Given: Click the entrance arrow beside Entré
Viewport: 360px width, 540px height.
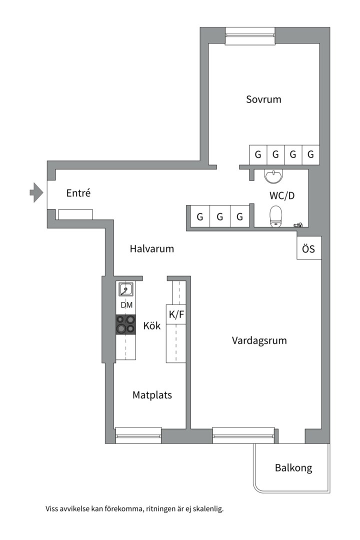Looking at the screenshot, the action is (36, 192).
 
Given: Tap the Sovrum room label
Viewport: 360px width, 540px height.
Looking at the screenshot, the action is (263, 99).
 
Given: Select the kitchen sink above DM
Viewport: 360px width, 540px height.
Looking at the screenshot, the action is (126, 289).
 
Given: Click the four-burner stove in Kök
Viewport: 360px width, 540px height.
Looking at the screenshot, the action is (125, 324).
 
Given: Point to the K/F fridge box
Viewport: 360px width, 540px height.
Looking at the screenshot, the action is (176, 314).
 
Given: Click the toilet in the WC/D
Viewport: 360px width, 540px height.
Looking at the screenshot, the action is (275, 216).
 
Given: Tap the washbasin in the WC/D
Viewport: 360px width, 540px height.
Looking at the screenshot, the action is (274, 176).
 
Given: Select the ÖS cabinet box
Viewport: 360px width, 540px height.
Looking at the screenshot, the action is (309, 248).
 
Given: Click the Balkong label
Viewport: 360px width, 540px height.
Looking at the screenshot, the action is (293, 468).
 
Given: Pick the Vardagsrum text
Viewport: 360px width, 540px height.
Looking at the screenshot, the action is (259, 340).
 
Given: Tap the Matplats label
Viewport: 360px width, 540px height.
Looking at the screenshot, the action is (152, 395).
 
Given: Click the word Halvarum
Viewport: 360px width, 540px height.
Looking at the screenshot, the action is (152, 248).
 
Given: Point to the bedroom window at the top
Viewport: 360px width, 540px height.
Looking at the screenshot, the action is (250, 36).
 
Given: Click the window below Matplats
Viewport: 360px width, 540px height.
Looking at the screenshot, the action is (138, 435).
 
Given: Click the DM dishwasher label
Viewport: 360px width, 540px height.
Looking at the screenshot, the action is (126, 305).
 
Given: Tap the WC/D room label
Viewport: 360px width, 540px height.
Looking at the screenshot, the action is (282, 196).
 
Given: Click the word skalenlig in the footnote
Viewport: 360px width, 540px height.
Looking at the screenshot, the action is (208, 508).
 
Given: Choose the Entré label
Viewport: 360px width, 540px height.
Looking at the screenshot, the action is (78, 193).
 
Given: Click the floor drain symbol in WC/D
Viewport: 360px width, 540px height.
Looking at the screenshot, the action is (298, 225).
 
